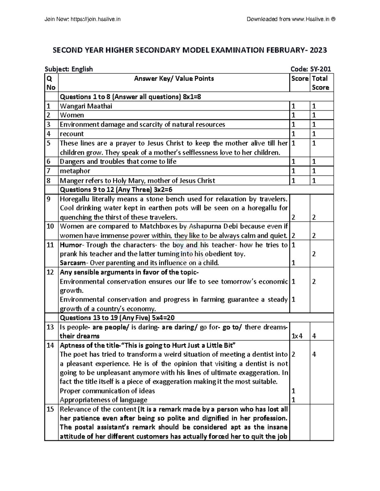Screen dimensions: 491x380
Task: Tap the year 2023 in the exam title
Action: (318, 50)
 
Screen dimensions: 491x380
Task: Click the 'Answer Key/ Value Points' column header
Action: (174, 78)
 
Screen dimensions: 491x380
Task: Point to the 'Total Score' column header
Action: (320, 83)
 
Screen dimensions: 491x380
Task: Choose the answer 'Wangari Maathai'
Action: (86, 106)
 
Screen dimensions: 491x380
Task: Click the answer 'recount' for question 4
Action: (72, 134)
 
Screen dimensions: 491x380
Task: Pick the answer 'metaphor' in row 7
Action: (75, 171)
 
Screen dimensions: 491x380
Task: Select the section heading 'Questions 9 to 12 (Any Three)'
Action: (116, 190)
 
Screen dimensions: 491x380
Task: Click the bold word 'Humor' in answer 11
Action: (71, 245)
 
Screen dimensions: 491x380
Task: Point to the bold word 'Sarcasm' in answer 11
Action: (73, 263)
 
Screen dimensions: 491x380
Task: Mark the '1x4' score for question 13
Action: (297, 336)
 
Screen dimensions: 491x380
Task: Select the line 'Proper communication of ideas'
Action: (107, 391)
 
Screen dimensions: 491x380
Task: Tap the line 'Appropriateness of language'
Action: (103, 400)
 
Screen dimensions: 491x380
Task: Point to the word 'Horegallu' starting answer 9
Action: (74, 199)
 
